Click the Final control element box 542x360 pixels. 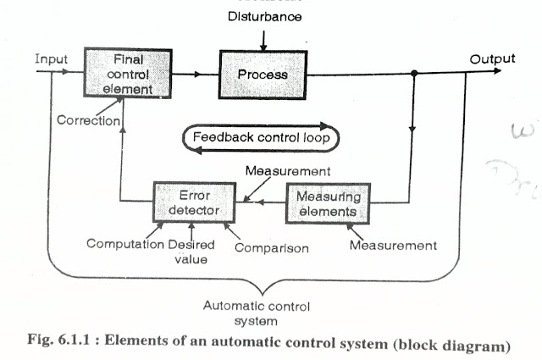pyautogui.click(x=119, y=75)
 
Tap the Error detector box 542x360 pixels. pyautogui.click(x=190, y=201)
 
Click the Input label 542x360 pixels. pyautogui.click(x=52, y=59)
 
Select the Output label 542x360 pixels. pyautogui.click(x=492, y=58)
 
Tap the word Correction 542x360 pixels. pyautogui.click(x=87, y=120)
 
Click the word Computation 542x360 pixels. pyautogui.click(x=126, y=246)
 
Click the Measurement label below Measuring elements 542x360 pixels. pyautogui.click(x=394, y=246)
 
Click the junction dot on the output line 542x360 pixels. pyautogui.click(x=413, y=75)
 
